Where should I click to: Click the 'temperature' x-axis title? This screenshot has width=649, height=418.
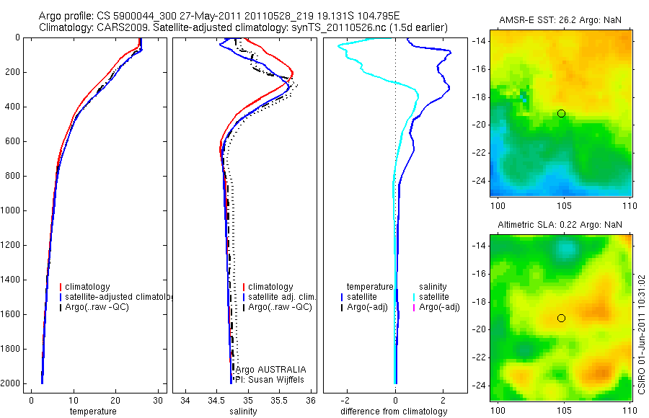[x=92, y=412]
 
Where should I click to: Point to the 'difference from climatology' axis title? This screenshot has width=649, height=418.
[x=394, y=412]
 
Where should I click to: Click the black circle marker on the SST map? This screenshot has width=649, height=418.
[x=561, y=114]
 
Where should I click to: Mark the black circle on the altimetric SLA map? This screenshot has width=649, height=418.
[x=561, y=319]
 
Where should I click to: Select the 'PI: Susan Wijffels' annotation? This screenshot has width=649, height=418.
[x=270, y=379]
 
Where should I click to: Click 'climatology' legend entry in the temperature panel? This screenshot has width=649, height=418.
[x=88, y=287]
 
